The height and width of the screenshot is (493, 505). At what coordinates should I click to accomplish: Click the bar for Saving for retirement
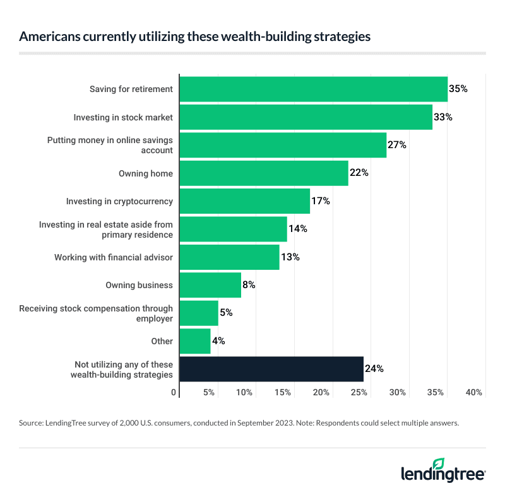pos(313,89)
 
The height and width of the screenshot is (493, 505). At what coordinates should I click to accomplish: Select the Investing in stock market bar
pos(306,117)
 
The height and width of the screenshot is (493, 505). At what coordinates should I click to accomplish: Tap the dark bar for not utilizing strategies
pos(271,369)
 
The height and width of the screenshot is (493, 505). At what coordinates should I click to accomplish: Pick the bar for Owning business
pos(210,285)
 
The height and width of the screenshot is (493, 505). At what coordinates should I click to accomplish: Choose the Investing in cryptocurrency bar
pos(245,201)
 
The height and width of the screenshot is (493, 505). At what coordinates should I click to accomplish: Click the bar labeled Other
pos(195,341)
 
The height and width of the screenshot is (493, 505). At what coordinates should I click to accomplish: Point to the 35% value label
pos(458,89)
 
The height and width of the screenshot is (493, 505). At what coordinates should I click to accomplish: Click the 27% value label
pos(396,145)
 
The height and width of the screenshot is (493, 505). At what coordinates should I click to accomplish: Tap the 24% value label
pos(374,369)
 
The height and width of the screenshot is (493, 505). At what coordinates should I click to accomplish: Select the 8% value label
pos(249,285)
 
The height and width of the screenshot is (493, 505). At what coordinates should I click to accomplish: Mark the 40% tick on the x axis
pos(474,393)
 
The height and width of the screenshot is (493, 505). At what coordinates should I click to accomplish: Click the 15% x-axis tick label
pos(283,393)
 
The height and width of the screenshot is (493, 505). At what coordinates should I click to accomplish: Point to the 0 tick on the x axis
pos(174,393)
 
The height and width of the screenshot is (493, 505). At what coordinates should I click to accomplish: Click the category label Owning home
pos(146,173)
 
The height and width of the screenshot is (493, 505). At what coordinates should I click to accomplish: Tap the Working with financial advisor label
pos(114,257)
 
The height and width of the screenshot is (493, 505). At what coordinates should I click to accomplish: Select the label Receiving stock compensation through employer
pos(96,313)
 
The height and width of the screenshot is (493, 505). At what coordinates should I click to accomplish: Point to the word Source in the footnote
pos(32,424)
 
